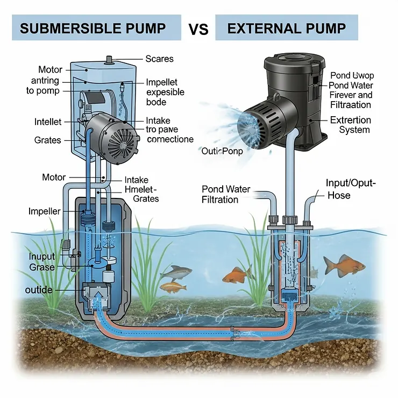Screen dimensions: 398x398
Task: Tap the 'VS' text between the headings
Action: click(x=198, y=29)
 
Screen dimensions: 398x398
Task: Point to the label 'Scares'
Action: click(x=160, y=59)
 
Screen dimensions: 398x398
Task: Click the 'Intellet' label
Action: click(x=47, y=122)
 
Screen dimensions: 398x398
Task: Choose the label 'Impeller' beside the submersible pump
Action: click(x=44, y=211)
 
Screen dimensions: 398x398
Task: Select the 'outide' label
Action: click(x=39, y=290)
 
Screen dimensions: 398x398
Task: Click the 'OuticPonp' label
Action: click(x=222, y=151)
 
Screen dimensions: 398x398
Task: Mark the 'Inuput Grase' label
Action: click(x=42, y=261)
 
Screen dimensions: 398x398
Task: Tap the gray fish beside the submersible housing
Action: click(x=175, y=272)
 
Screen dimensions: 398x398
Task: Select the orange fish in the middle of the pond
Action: click(x=237, y=275)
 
